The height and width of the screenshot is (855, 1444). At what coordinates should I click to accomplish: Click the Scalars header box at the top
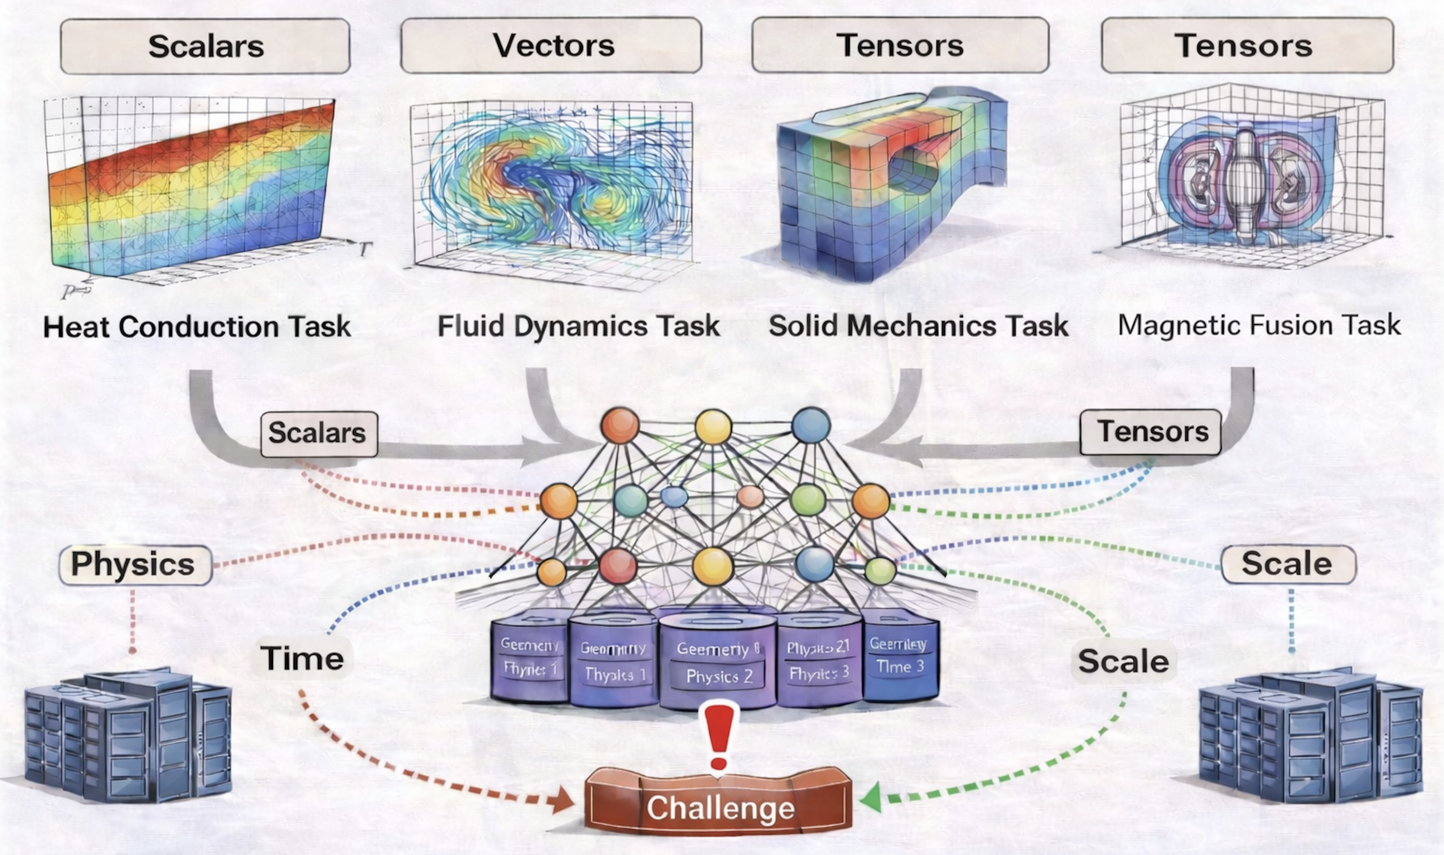click(x=205, y=46)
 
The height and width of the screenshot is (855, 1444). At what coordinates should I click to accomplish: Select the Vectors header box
click(x=551, y=45)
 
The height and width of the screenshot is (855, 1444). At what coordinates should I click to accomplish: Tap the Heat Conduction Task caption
click(x=197, y=327)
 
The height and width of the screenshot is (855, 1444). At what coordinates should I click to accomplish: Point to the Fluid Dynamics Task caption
click(x=579, y=326)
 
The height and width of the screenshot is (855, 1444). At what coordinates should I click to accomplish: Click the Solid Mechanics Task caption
click(x=919, y=326)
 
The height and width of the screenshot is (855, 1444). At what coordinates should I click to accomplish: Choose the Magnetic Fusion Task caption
click(x=1259, y=325)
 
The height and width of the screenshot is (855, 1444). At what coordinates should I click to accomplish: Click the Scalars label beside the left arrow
click(x=318, y=433)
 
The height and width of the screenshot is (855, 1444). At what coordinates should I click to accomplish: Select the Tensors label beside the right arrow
click(x=1151, y=432)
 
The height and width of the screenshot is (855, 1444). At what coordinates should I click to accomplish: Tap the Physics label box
click(x=135, y=565)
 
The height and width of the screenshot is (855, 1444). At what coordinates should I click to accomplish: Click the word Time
click(x=302, y=658)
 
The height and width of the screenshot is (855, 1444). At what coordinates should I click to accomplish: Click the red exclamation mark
click(x=719, y=738)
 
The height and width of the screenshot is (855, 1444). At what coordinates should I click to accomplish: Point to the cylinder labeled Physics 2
click(x=718, y=662)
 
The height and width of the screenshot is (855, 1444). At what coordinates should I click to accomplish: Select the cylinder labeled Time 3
click(x=900, y=657)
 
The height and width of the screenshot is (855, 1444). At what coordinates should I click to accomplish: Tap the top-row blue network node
click(x=811, y=425)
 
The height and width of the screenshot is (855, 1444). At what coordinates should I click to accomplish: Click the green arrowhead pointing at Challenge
click(x=871, y=798)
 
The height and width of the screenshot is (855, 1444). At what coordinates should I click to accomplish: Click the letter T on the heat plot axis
click(x=364, y=249)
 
